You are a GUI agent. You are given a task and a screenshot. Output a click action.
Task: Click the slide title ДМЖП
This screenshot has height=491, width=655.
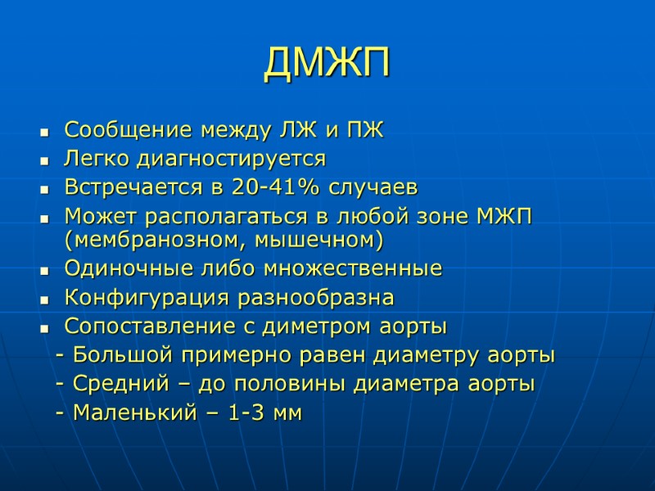tap(327, 65)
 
